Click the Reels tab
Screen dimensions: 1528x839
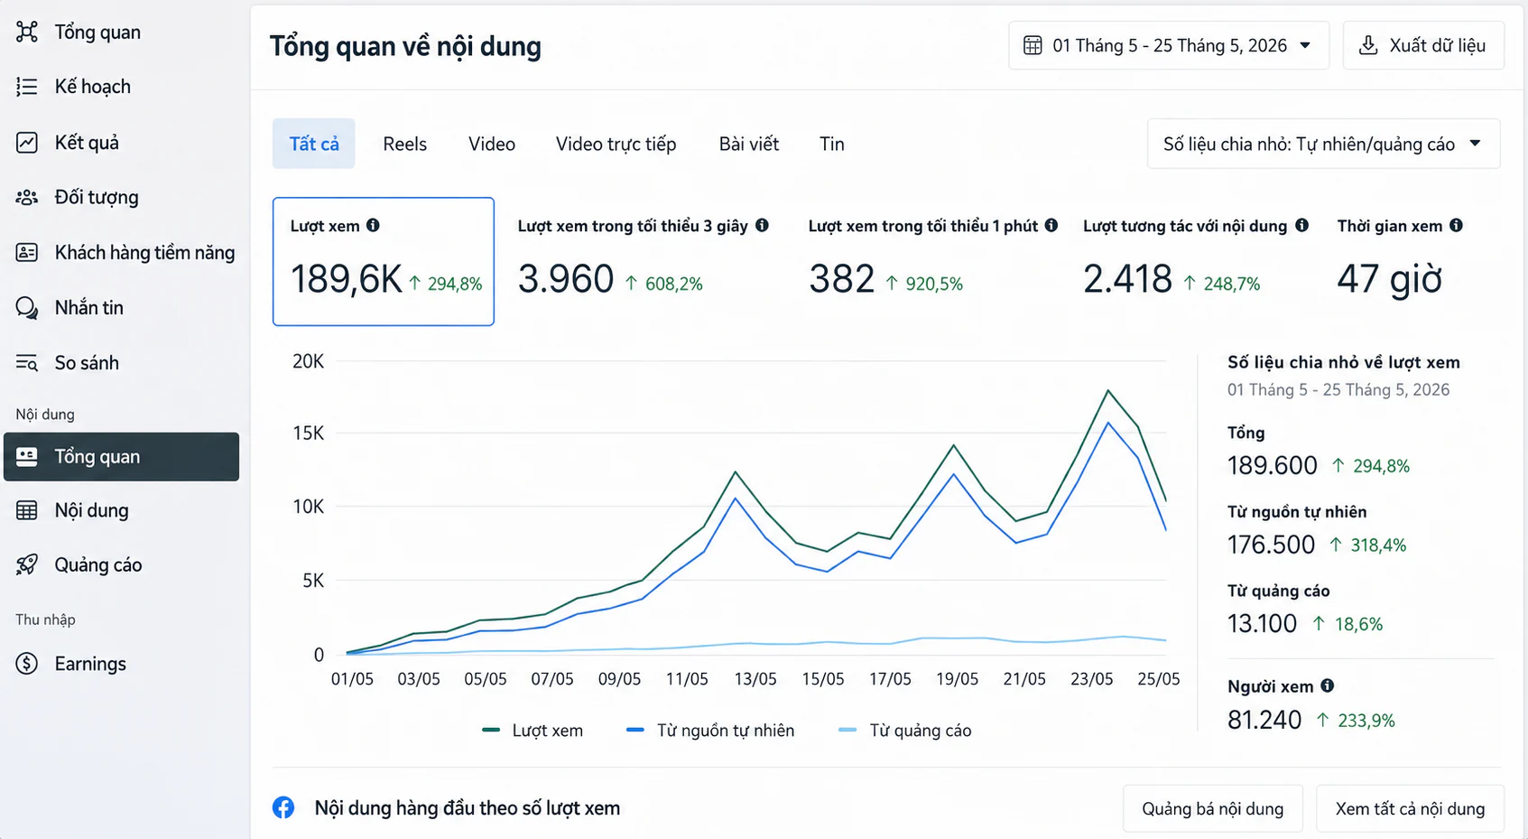coord(404,144)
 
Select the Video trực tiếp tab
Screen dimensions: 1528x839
coord(616,144)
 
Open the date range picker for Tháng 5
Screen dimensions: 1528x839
coord(1169,46)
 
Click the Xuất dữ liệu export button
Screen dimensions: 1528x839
coord(1423,46)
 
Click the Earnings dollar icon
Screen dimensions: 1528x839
coord(26,664)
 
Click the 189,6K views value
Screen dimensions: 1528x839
coord(347,279)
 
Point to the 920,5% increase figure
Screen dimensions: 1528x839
coord(934,284)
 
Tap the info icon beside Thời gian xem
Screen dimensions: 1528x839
coord(1456,225)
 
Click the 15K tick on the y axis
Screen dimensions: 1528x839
coord(309,433)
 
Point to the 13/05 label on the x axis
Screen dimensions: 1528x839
coord(755,679)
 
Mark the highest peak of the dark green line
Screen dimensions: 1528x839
coord(1107,390)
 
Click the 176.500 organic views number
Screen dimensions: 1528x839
coord(1270,545)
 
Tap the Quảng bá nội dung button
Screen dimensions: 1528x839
coord(1213,809)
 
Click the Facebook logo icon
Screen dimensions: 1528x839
coord(283,807)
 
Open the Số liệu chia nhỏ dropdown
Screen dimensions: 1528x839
coord(1323,144)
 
